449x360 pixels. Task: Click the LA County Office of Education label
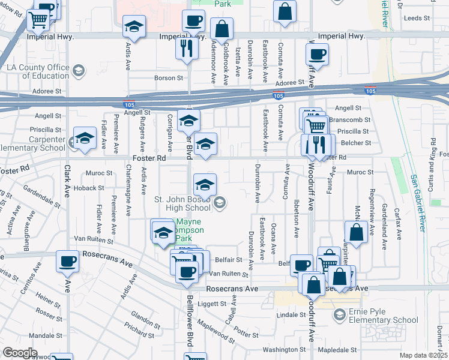pyautogui.click(x=37, y=71)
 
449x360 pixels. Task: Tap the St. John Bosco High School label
pyautogui.click(x=183, y=203)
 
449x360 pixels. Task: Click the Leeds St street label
pyautogui.click(x=418, y=19)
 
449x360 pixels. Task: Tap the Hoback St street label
pyautogui.click(x=89, y=188)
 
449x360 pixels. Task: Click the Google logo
pyautogui.click(x=20, y=353)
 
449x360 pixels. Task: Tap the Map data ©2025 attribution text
pyautogui.click(x=423, y=355)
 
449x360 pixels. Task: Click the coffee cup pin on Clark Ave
pyautogui.click(x=67, y=261)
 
